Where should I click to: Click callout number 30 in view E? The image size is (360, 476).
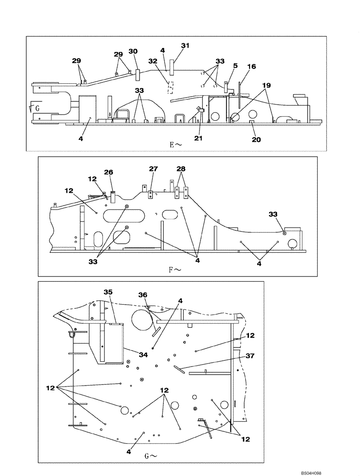pos(133,51)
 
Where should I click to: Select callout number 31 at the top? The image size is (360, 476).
pos(185,45)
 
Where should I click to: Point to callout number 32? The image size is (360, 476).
pos(152,61)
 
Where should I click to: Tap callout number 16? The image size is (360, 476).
pos(251,67)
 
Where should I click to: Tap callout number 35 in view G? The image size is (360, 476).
pos(108,292)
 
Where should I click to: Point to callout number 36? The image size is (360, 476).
pos(142,295)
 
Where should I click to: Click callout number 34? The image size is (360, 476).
pos(143,355)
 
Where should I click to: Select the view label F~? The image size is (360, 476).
pos(175,269)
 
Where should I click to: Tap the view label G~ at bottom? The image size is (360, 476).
pos(150,456)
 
